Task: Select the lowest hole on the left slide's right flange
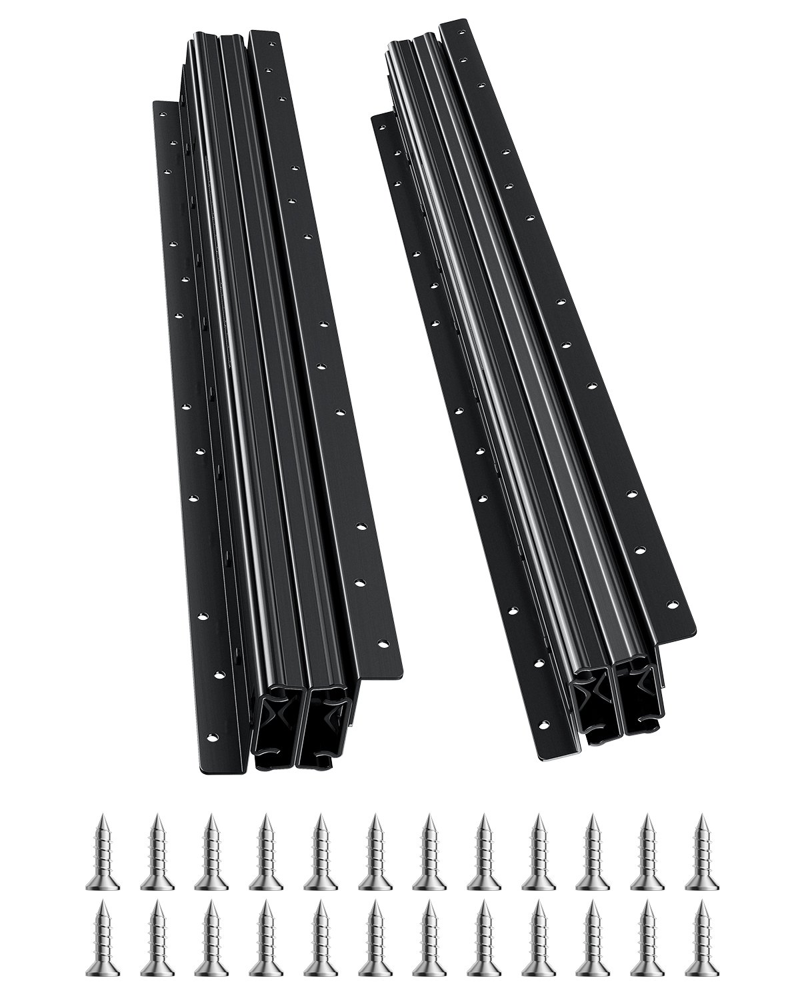[383, 644]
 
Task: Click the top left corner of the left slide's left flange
[154, 102]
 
